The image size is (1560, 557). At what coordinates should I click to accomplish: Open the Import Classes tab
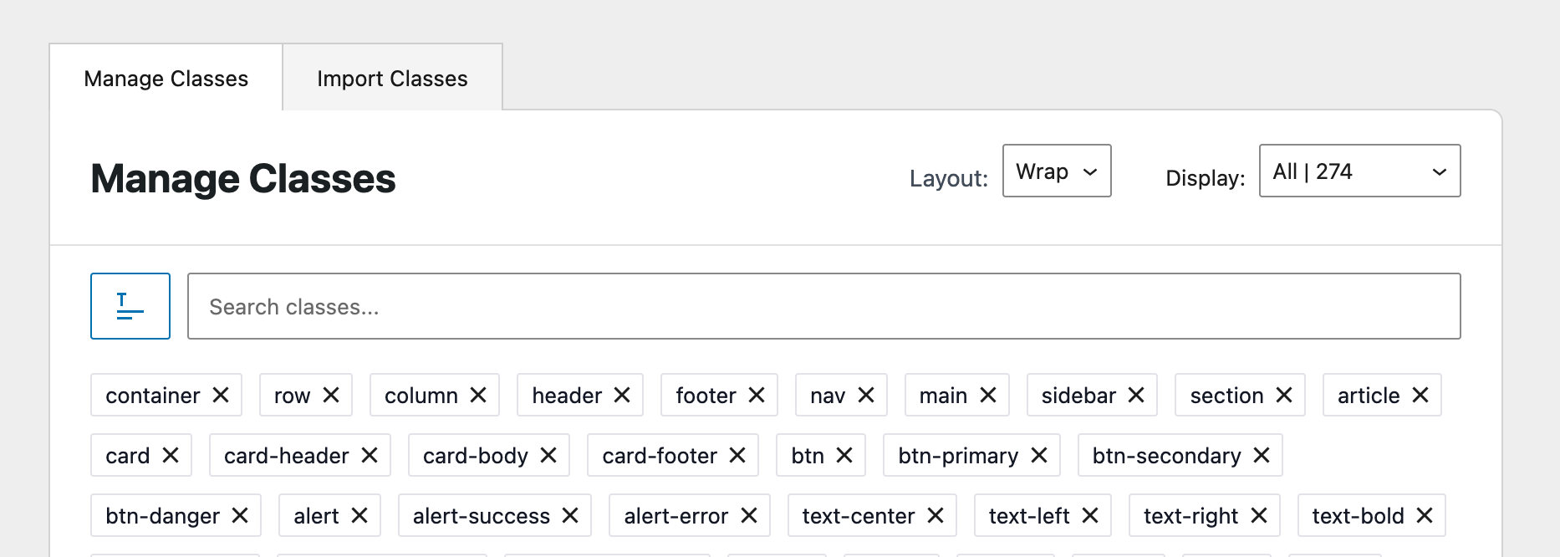coord(392,78)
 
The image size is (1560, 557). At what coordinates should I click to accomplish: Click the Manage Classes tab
coord(166,78)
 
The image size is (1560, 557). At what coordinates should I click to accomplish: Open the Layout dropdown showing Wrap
coord(1057,171)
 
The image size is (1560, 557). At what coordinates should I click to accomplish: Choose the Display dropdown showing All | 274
coord(1360,171)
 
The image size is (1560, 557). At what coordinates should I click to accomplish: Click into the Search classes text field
coord(824,306)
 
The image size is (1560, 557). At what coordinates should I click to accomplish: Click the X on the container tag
coord(221,395)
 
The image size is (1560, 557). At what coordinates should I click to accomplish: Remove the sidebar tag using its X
coord(1136,395)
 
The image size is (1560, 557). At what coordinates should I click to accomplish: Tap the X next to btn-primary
coord(1039,455)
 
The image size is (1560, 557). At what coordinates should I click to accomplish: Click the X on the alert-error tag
coord(749,515)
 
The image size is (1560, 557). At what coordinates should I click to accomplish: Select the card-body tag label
coord(476,456)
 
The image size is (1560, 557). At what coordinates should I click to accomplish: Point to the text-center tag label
coord(859,516)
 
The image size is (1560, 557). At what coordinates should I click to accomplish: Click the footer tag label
coord(706,396)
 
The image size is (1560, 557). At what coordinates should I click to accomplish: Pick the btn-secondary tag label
coord(1167,456)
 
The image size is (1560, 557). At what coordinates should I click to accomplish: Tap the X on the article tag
coord(1420,395)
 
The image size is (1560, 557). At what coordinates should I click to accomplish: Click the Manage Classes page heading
coord(243,178)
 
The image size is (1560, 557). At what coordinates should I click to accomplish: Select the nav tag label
coord(828,396)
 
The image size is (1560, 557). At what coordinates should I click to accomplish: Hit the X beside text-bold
coord(1425,515)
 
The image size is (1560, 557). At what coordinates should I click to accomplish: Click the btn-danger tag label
coord(163,516)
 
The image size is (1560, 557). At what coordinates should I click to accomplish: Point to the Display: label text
coord(1206,178)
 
